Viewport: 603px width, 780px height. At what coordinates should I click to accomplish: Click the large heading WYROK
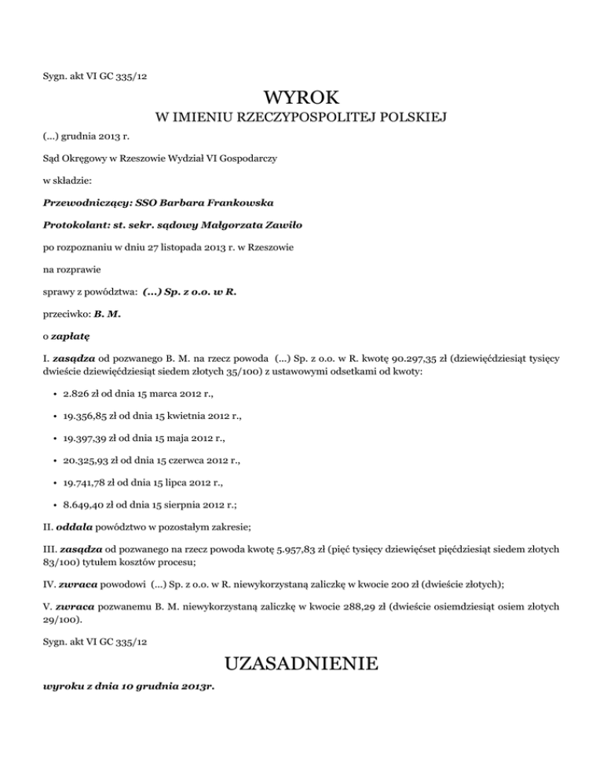pos(301,99)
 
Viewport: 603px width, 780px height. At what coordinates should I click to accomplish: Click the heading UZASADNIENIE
pos(301,665)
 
